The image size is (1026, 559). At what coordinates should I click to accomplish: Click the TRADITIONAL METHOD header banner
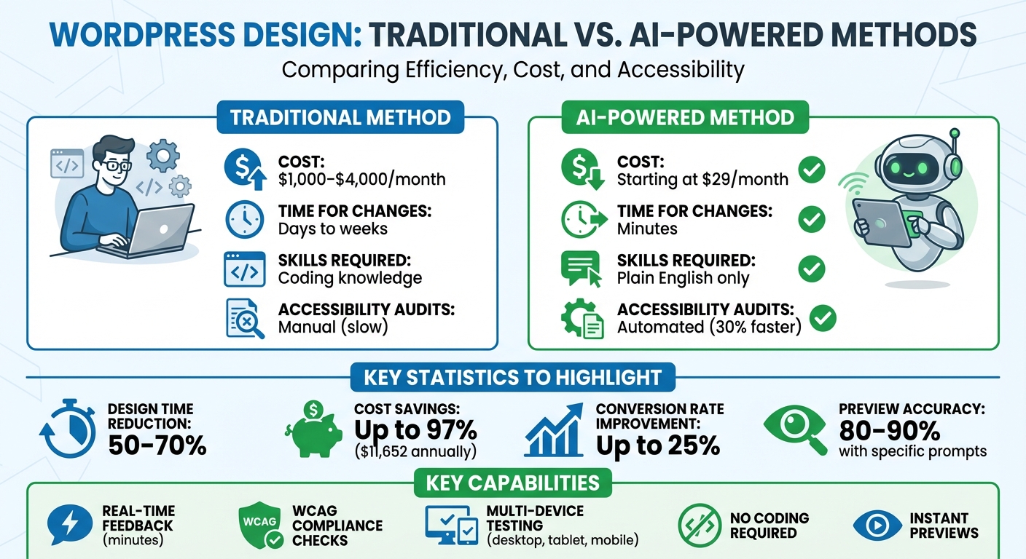(340, 118)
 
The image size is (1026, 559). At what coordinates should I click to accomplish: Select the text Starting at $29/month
(702, 179)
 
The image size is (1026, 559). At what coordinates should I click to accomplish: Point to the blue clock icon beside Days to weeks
(244, 219)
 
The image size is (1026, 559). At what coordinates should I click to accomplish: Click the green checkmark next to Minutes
(811, 218)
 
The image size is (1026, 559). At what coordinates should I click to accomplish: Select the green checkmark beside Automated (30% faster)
(823, 317)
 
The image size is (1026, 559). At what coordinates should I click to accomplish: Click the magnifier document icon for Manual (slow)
(245, 319)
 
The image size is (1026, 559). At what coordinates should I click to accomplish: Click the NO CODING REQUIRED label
(769, 526)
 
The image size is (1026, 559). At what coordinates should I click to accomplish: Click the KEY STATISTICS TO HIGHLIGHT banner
(512, 377)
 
